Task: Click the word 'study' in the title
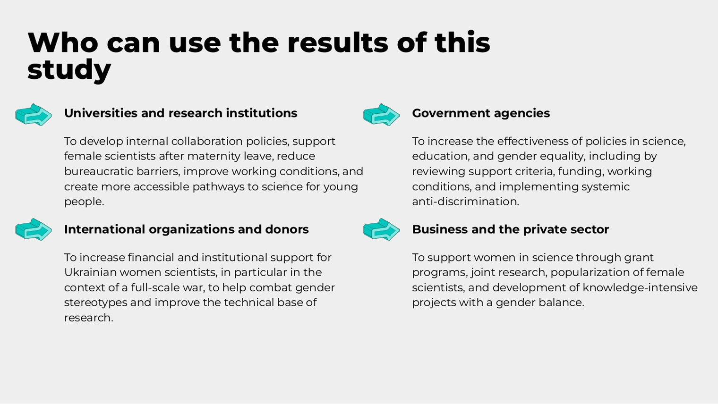click(69, 70)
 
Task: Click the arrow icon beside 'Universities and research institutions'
click(34, 115)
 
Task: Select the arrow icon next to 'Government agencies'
click(382, 115)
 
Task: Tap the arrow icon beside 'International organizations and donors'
click(34, 229)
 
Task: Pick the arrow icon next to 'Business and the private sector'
click(382, 229)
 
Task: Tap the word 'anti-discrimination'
click(465, 202)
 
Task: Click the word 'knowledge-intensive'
click(640, 288)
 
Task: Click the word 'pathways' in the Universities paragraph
click(218, 187)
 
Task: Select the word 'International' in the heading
click(105, 229)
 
